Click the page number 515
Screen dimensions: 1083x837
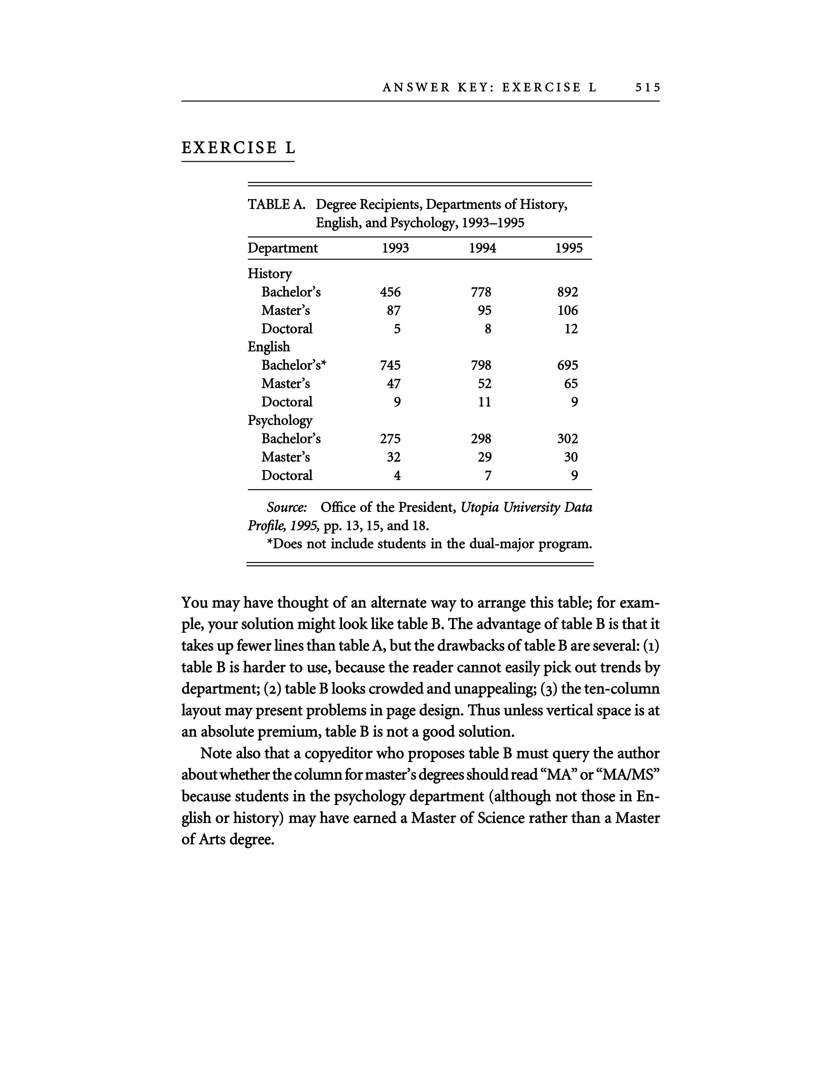click(648, 88)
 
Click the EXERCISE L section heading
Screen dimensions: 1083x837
click(238, 148)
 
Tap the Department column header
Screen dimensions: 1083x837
click(283, 248)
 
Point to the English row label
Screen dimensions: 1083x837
click(269, 347)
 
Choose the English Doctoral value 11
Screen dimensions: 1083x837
click(484, 402)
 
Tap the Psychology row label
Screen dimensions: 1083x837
click(280, 420)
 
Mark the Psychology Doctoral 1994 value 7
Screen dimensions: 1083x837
click(488, 476)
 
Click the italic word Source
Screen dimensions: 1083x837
click(287, 507)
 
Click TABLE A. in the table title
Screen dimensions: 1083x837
click(276, 204)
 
